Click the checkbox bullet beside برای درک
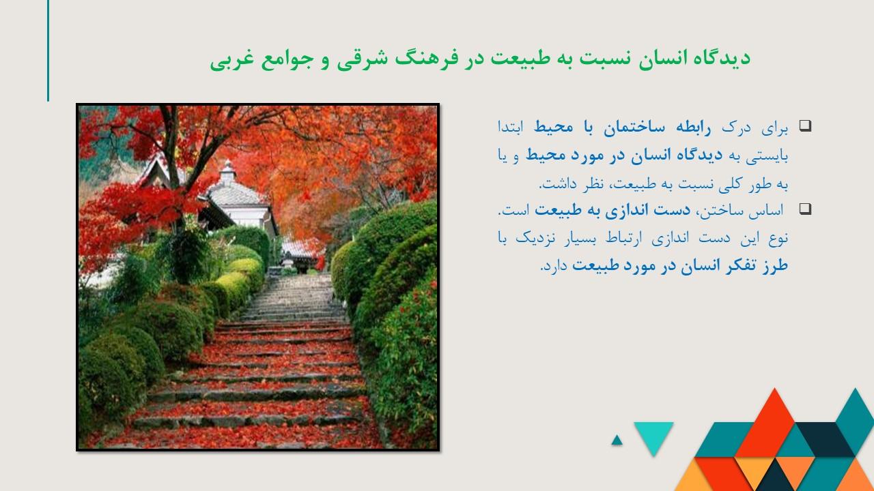(x=805, y=125)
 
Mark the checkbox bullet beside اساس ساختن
(x=805, y=209)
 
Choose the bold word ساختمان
(x=634, y=128)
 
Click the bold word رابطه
(x=693, y=128)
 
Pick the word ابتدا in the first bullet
(x=510, y=128)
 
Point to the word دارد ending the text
(x=554, y=267)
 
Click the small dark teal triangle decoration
(x=617, y=441)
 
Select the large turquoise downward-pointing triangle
(x=653, y=434)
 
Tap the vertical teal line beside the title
(x=48, y=50)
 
